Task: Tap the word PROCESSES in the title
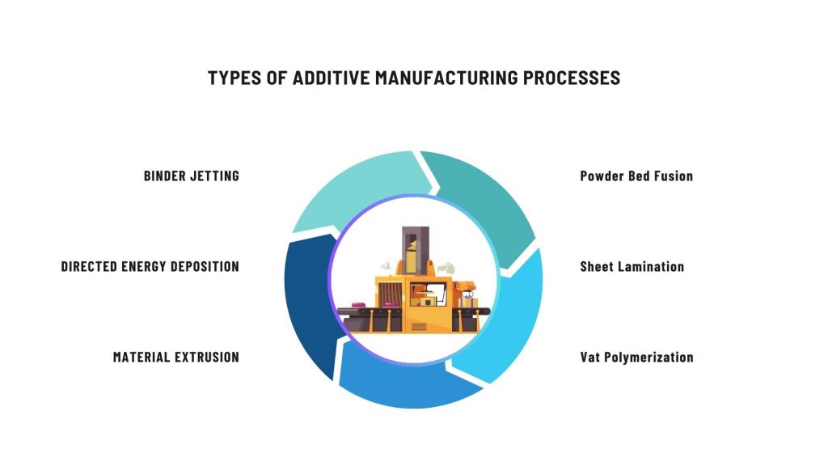pos(572,78)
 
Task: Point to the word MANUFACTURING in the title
pos(446,78)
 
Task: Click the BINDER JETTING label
pos(192,176)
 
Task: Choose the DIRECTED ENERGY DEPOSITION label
pos(150,266)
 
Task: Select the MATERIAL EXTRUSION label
pos(175,357)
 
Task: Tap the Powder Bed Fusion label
pos(636,176)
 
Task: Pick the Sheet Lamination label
pos(632,266)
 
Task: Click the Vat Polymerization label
pos(636,357)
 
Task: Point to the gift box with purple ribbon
pos(467,303)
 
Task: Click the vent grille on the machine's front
pos(419,327)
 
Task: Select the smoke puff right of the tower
pos(447,268)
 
